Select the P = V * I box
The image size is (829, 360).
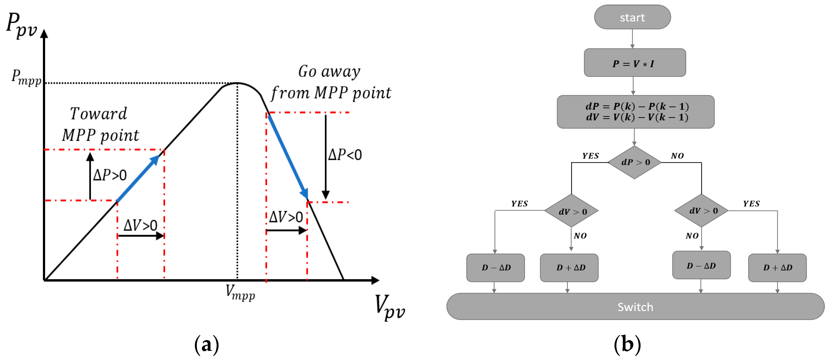(x=634, y=63)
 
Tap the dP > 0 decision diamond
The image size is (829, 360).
(x=634, y=162)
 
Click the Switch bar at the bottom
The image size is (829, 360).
(x=635, y=306)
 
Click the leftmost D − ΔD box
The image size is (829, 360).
(x=495, y=267)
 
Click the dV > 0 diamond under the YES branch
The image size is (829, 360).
(x=571, y=211)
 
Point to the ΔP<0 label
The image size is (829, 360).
(x=345, y=155)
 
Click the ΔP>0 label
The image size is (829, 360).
(x=110, y=175)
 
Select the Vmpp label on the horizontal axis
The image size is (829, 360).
(x=240, y=292)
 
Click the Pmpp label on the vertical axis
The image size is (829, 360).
(x=26, y=78)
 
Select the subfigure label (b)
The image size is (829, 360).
(x=627, y=344)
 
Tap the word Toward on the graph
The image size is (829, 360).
(x=99, y=114)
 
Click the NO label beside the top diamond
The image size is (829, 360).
(x=677, y=156)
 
